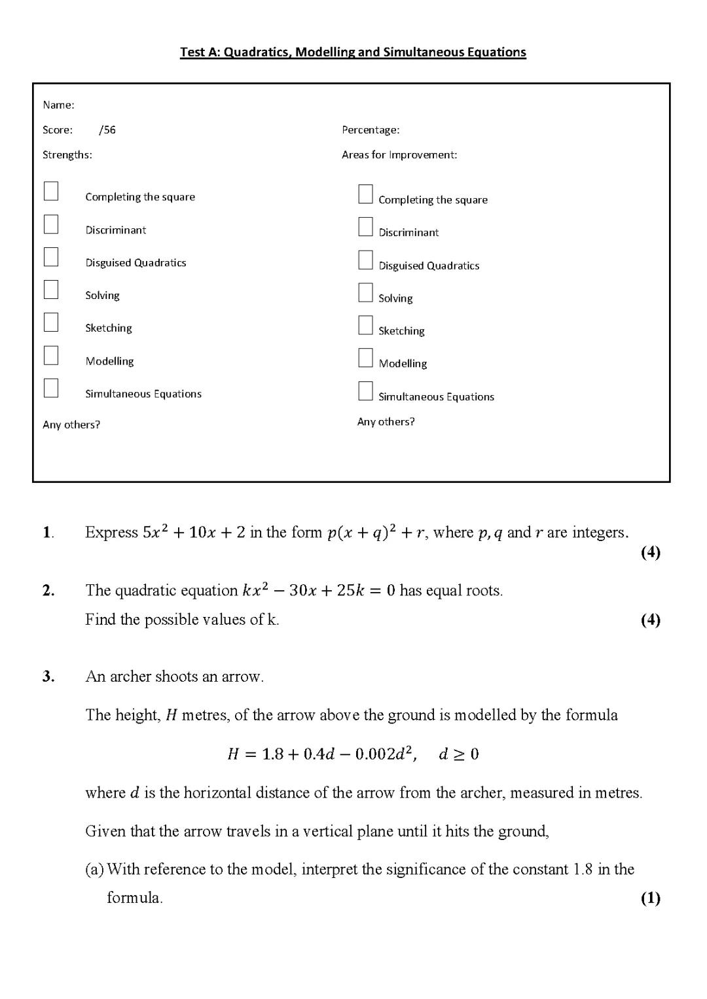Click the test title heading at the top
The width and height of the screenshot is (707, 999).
(x=353, y=52)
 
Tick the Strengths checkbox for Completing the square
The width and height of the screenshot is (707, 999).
(x=51, y=192)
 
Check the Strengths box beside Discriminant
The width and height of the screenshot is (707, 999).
(x=51, y=224)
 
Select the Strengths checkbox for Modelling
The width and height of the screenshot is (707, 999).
(x=51, y=355)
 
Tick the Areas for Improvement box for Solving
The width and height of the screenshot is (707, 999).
(x=365, y=292)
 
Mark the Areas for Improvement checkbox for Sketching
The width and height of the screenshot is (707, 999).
(x=365, y=325)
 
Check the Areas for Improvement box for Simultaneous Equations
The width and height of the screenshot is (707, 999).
(x=365, y=391)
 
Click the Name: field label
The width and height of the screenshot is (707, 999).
(x=58, y=105)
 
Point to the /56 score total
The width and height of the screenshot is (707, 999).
(x=107, y=130)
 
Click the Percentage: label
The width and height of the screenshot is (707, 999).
(x=371, y=130)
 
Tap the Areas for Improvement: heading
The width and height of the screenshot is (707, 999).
(x=399, y=155)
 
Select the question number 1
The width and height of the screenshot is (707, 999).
(x=48, y=533)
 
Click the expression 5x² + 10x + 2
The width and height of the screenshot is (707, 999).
(x=194, y=533)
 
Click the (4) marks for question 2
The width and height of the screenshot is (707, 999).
(x=650, y=620)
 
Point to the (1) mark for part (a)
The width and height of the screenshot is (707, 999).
(x=650, y=898)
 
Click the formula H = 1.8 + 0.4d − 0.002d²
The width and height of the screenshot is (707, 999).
(x=321, y=754)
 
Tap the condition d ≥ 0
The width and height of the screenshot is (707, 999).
(x=459, y=754)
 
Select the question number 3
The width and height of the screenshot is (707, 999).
(x=48, y=676)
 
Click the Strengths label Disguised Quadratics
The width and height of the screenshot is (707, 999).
(x=136, y=263)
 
